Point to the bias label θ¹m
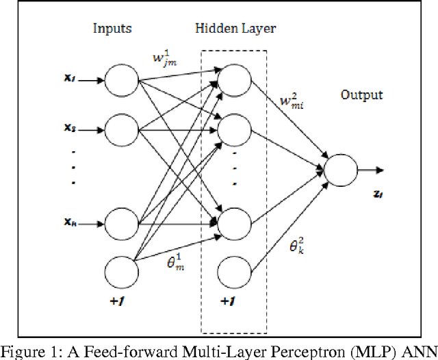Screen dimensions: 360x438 175,261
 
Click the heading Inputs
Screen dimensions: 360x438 112,29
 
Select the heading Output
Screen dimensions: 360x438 361,94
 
